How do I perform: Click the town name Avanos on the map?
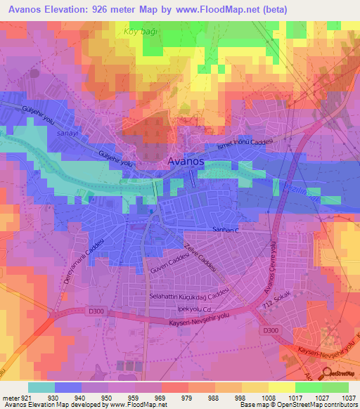click(x=186, y=162)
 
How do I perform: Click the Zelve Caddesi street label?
click(x=198, y=260)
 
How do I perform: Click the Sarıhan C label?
click(x=226, y=230)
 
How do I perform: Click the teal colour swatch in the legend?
click(x=41, y=387)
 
